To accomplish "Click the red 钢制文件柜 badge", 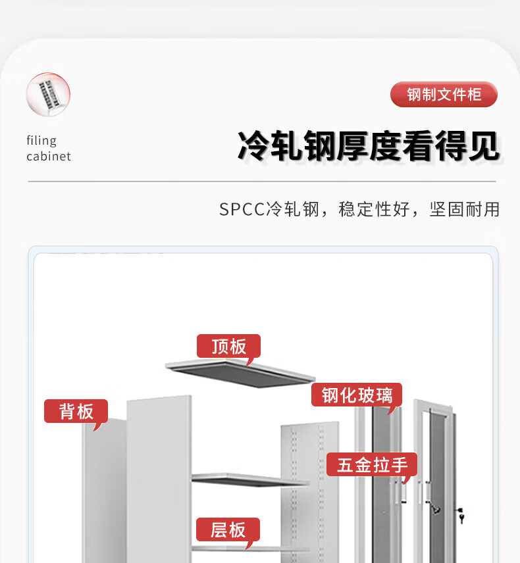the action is (444, 95).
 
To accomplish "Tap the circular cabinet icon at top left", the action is (48, 95).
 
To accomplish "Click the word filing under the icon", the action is (41, 140).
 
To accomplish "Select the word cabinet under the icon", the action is (49, 157).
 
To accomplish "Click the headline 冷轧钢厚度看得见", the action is (368, 146).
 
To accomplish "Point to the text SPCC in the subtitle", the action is (242, 210).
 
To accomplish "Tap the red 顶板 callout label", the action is (228, 346).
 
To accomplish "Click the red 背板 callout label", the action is (76, 412).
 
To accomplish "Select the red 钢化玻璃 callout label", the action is (357, 395).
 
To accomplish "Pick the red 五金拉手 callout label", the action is (373, 465).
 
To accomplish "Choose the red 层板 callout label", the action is (228, 529).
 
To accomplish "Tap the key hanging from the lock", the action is (461, 517).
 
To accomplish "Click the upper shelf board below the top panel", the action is (250, 479).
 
